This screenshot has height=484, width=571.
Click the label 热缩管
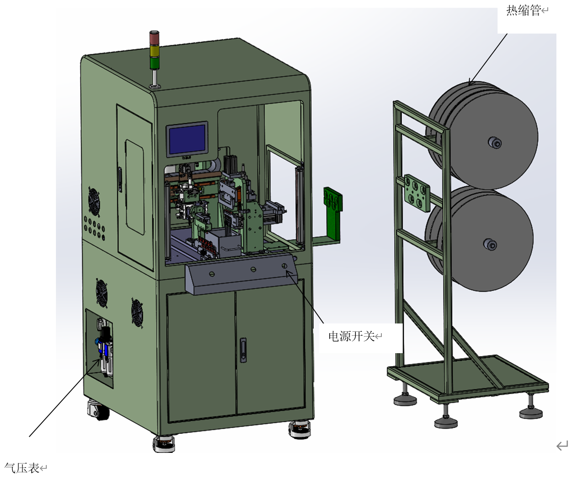(523, 10)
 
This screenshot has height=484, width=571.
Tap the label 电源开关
(352, 336)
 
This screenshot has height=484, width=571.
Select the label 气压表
(22, 467)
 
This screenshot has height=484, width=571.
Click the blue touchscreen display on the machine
(187, 139)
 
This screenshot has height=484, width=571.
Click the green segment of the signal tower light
(155, 63)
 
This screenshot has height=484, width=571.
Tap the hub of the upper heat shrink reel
(494, 143)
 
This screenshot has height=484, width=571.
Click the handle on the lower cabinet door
(243, 350)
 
